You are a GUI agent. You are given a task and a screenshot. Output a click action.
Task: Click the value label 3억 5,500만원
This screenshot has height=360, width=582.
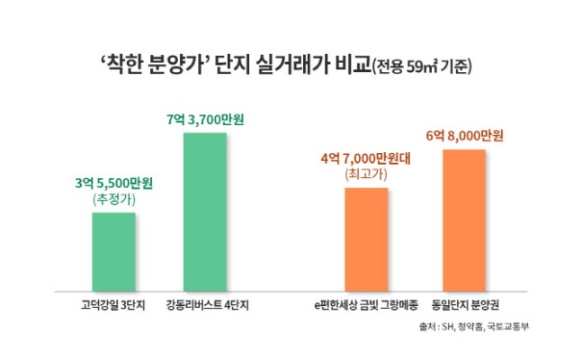[x=113, y=184]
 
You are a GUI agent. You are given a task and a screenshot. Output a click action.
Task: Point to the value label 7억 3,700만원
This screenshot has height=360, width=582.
[x=206, y=119]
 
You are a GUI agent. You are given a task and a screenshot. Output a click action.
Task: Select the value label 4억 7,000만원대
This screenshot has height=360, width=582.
[x=365, y=158]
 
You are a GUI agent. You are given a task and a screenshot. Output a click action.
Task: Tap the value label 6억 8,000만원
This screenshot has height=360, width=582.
[x=464, y=135]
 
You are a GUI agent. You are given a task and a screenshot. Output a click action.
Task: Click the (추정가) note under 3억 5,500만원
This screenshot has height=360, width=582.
[x=113, y=199]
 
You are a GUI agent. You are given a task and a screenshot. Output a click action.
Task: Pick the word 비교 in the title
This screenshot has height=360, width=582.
[x=350, y=66]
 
